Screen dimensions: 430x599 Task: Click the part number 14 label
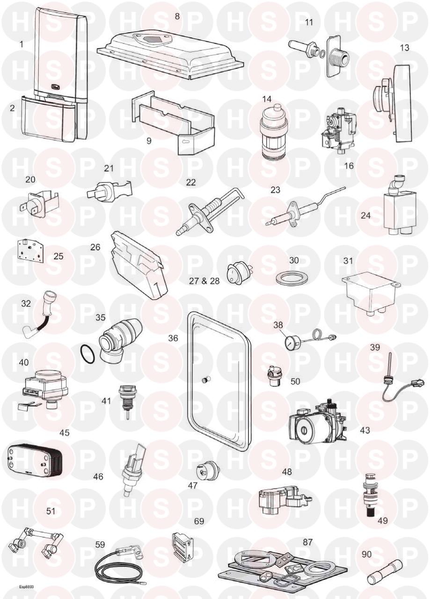point(267,99)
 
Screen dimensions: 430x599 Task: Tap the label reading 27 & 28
point(204,281)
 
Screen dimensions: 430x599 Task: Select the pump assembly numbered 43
point(318,420)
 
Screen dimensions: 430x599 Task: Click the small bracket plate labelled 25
point(32,250)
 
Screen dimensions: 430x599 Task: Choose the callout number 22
point(190,182)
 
